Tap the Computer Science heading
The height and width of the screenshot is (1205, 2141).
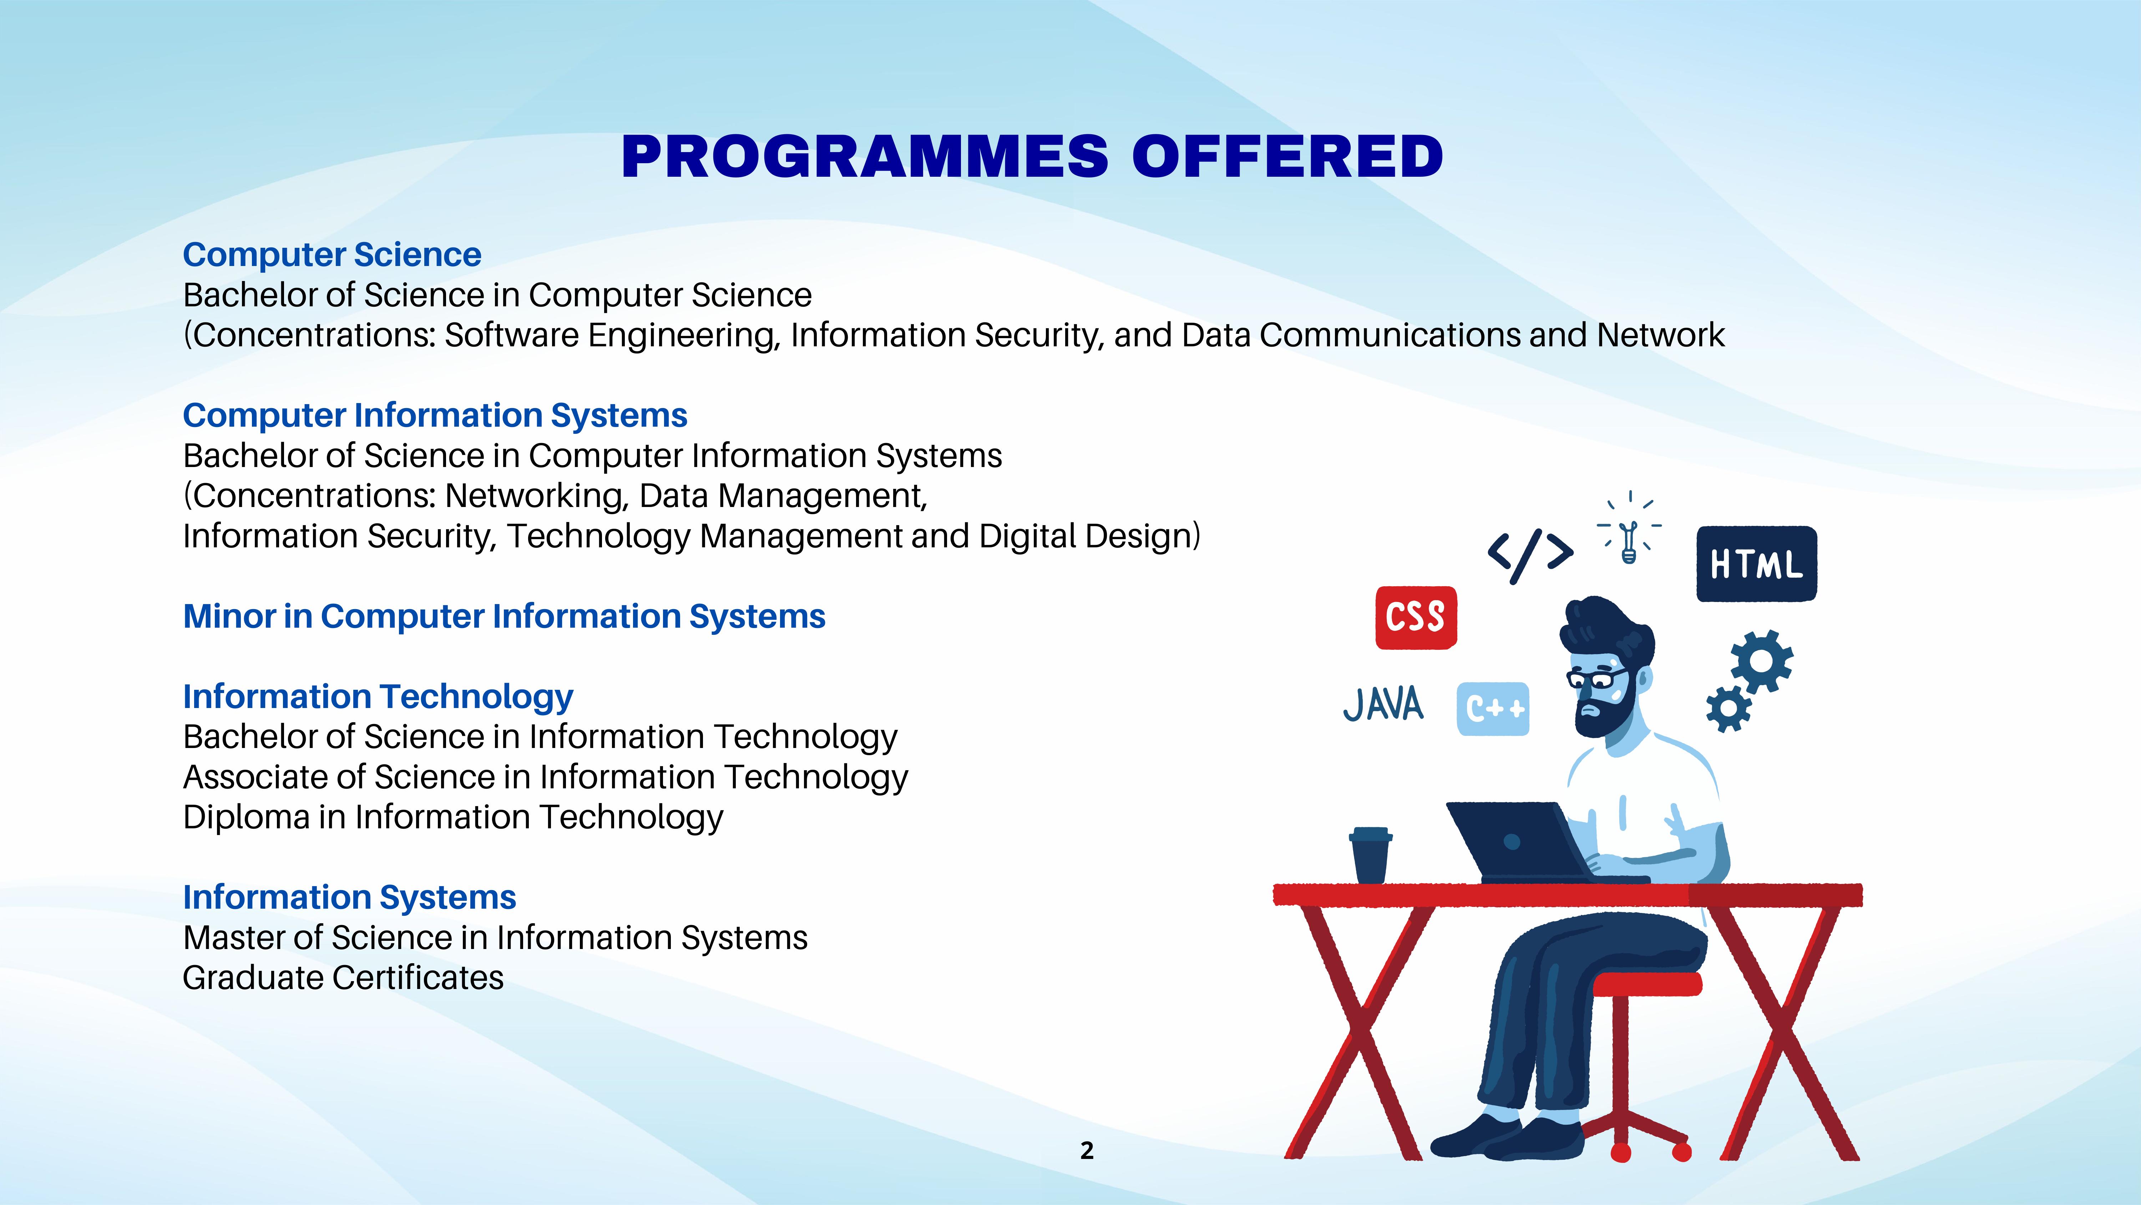tap(331, 255)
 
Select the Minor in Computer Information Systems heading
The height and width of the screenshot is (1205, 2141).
tap(503, 616)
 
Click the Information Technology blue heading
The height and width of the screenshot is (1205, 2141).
tap(378, 697)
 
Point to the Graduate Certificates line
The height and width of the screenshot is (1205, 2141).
tap(343, 978)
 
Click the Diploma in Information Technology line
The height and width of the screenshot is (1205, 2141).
tap(453, 818)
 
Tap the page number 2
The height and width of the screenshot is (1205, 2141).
tap(1087, 1150)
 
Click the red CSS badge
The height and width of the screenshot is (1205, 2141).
tap(1416, 617)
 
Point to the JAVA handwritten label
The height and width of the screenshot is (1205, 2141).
tap(1383, 704)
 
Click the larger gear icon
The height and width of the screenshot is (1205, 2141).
tap(1762, 661)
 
